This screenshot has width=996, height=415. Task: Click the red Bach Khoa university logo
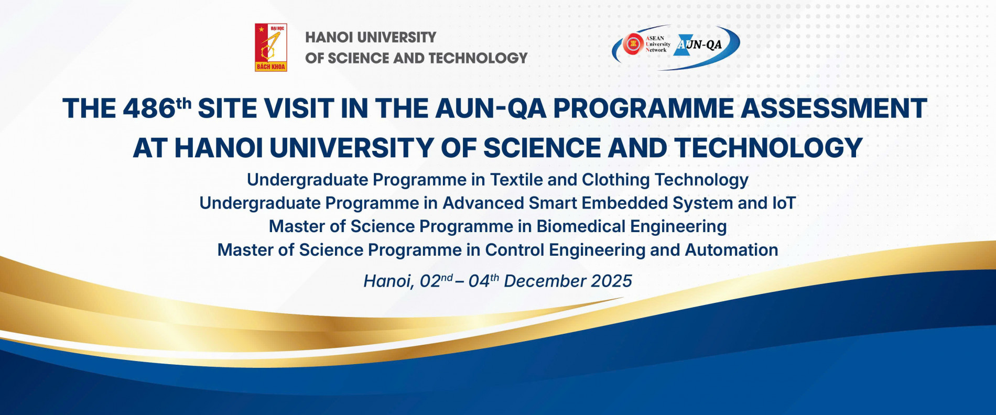(x=271, y=47)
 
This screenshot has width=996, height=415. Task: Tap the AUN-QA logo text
(x=699, y=45)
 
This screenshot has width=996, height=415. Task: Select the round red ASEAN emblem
(x=633, y=44)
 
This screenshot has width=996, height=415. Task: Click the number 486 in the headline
(x=149, y=108)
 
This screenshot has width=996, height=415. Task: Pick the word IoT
(x=784, y=203)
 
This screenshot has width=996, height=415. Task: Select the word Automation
(x=731, y=250)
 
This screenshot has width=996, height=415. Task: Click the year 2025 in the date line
(x=611, y=281)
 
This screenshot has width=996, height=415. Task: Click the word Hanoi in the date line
(x=388, y=282)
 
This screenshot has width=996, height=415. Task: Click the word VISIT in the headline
(x=299, y=108)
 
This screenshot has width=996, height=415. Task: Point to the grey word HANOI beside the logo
(x=323, y=37)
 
